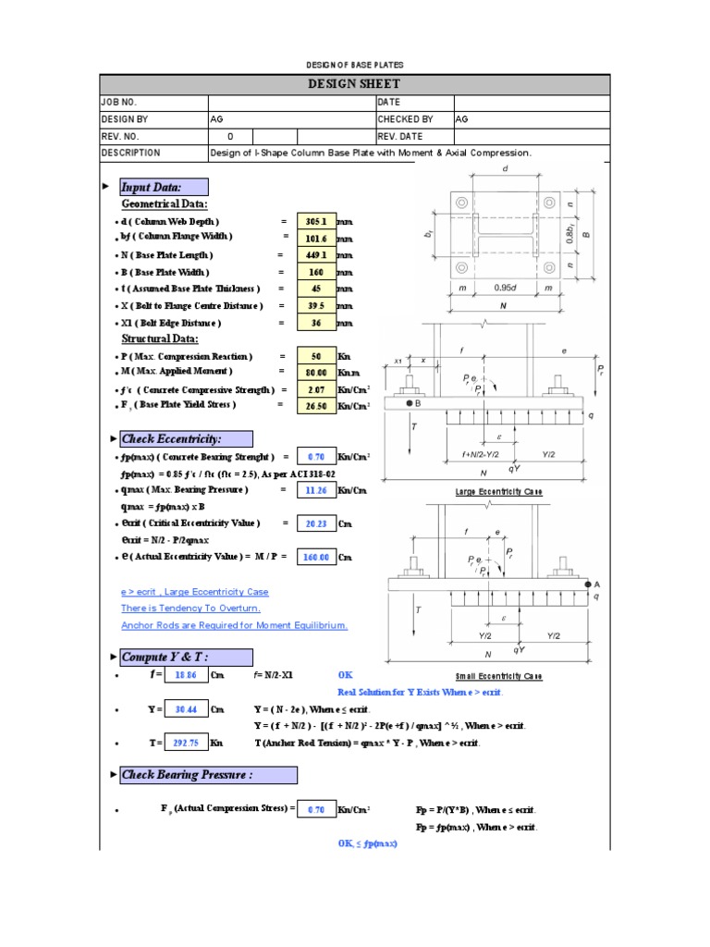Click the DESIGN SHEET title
point(354,84)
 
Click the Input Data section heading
point(157,187)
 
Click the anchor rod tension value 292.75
point(187,743)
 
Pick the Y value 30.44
point(187,709)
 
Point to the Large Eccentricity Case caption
point(498,492)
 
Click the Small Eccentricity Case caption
point(499,676)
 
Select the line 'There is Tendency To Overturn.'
point(190,609)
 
